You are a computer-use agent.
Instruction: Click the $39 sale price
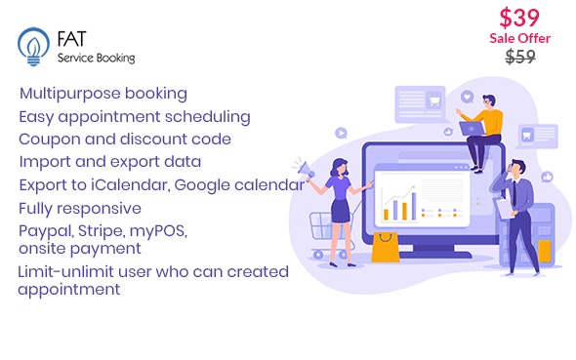click(x=519, y=18)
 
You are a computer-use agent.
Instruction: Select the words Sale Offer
click(x=519, y=38)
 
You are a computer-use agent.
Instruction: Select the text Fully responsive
click(x=80, y=207)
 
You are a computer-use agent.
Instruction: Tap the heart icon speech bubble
click(x=466, y=98)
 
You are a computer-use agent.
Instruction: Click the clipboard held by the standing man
click(x=505, y=208)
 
